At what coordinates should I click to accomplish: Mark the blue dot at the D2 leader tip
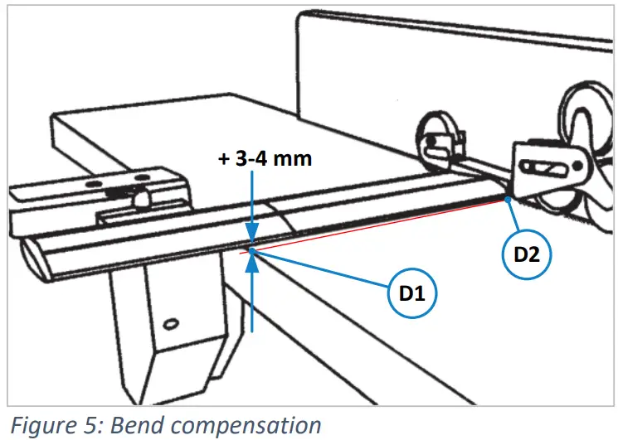[x=506, y=199]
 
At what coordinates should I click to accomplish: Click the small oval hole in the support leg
[x=173, y=322]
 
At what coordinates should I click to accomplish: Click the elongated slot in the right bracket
[x=548, y=170]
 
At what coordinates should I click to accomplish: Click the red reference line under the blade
[x=373, y=228]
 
